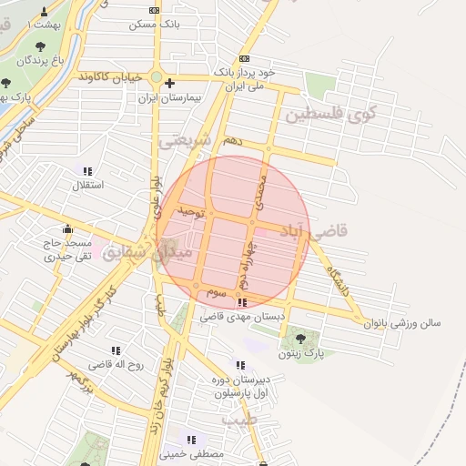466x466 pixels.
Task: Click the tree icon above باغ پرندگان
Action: click(x=40, y=46)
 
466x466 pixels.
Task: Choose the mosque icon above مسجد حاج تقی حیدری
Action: click(x=66, y=229)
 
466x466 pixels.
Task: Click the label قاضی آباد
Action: click(x=340, y=233)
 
